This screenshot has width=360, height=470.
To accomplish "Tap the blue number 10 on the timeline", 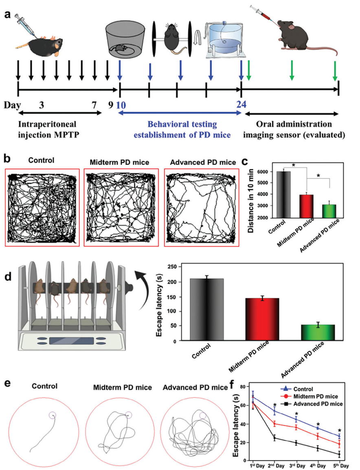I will [121, 104].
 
